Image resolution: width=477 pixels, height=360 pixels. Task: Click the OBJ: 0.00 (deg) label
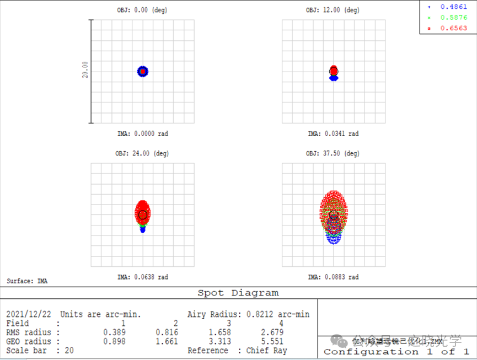pyautogui.click(x=142, y=10)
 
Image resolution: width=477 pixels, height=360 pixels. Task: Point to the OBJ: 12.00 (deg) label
pyautogui.click(x=334, y=10)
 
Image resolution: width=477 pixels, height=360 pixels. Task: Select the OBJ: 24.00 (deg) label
pyautogui.click(x=142, y=154)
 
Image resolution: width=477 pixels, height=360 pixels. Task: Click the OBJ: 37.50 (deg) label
pyautogui.click(x=334, y=154)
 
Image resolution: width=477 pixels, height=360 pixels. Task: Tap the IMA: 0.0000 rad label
pyautogui.click(x=142, y=133)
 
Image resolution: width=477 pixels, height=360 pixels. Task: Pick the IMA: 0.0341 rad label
pyautogui.click(x=334, y=133)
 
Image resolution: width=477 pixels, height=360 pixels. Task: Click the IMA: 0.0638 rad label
pyautogui.click(x=142, y=277)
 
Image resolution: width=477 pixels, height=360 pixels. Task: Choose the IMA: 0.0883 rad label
pyautogui.click(x=334, y=277)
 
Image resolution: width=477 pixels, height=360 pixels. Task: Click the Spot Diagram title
pyautogui.click(x=238, y=293)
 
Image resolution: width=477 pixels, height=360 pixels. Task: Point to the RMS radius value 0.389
pyautogui.click(x=114, y=332)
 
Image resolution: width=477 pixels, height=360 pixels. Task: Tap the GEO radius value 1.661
pyautogui.click(x=167, y=341)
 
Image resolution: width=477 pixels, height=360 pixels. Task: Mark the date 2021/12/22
pyautogui.click(x=28, y=314)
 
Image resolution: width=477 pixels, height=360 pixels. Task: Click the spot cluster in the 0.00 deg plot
pyautogui.click(x=143, y=71)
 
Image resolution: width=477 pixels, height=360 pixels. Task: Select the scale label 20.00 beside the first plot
pyautogui.click(x=85, y=71)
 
